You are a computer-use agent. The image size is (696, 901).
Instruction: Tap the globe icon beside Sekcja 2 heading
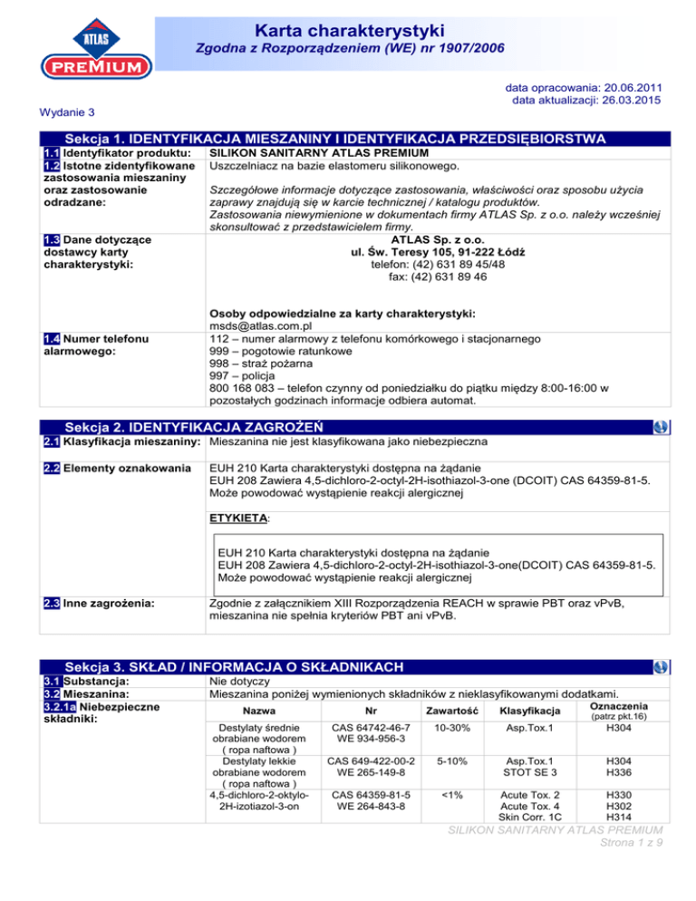(661, 425)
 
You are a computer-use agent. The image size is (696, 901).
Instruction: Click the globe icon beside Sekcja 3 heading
(661, 667)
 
